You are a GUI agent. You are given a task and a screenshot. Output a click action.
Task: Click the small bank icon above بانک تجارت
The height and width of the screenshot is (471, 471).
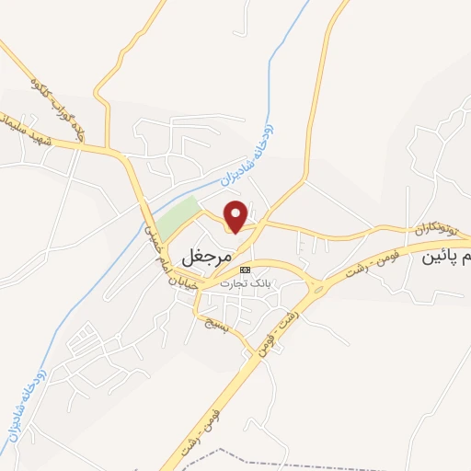coord(244,270)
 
